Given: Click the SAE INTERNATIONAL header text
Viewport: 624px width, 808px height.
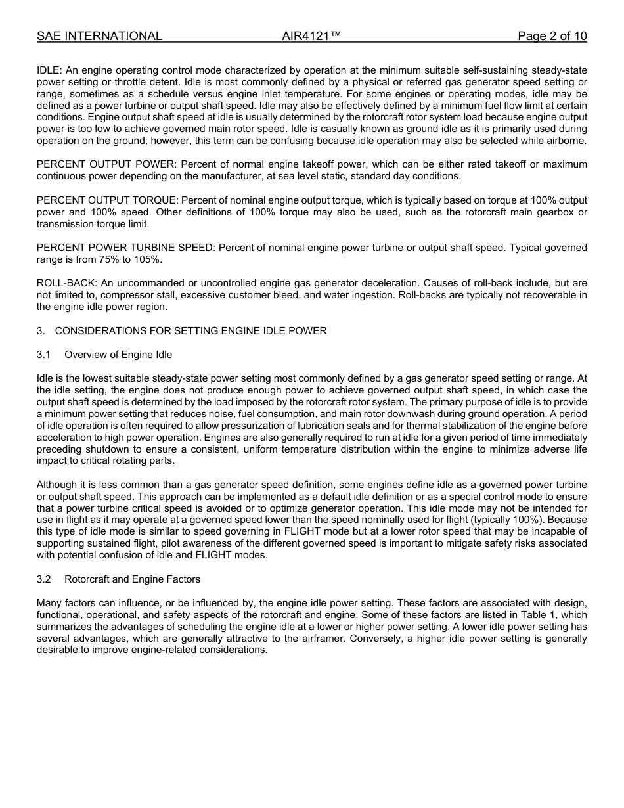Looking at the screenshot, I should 99,36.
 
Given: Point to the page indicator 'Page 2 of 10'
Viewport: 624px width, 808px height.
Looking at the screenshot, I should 552,36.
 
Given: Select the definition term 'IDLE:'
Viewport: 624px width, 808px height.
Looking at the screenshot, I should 49,70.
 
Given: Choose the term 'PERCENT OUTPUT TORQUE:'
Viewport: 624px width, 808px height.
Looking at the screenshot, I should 107,200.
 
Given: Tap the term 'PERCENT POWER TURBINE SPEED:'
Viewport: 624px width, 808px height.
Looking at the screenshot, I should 126,248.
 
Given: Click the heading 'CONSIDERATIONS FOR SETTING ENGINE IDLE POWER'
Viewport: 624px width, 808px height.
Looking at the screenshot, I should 190,331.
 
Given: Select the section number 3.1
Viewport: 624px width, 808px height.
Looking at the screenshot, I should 44,355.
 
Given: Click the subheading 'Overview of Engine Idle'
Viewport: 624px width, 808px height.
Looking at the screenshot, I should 118,355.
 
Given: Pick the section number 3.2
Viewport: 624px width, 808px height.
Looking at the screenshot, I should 44,579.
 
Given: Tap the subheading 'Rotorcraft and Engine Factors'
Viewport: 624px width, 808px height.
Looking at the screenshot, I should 132,579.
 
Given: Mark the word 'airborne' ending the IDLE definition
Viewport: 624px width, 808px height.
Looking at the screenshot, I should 566,141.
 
